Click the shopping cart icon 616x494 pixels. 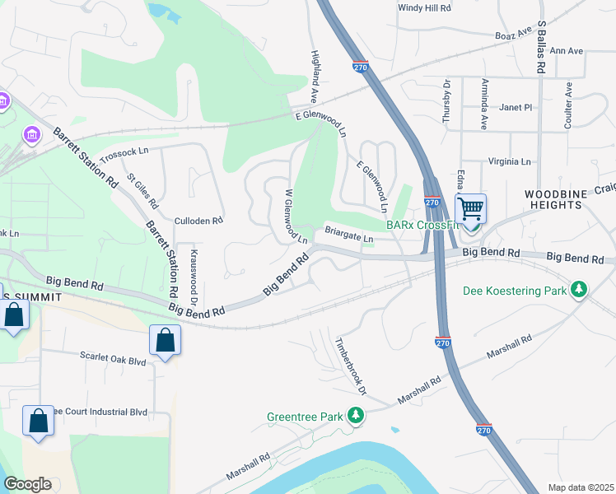point(470,207)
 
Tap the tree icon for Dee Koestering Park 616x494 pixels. point(580,289)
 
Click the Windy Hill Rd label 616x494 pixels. point(424,7)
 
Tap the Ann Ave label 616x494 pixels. point(566,51)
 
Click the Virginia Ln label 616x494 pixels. point(510,162)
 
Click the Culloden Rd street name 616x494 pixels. point(198,221)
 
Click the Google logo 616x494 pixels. point(27,484)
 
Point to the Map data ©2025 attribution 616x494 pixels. point(580,487)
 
